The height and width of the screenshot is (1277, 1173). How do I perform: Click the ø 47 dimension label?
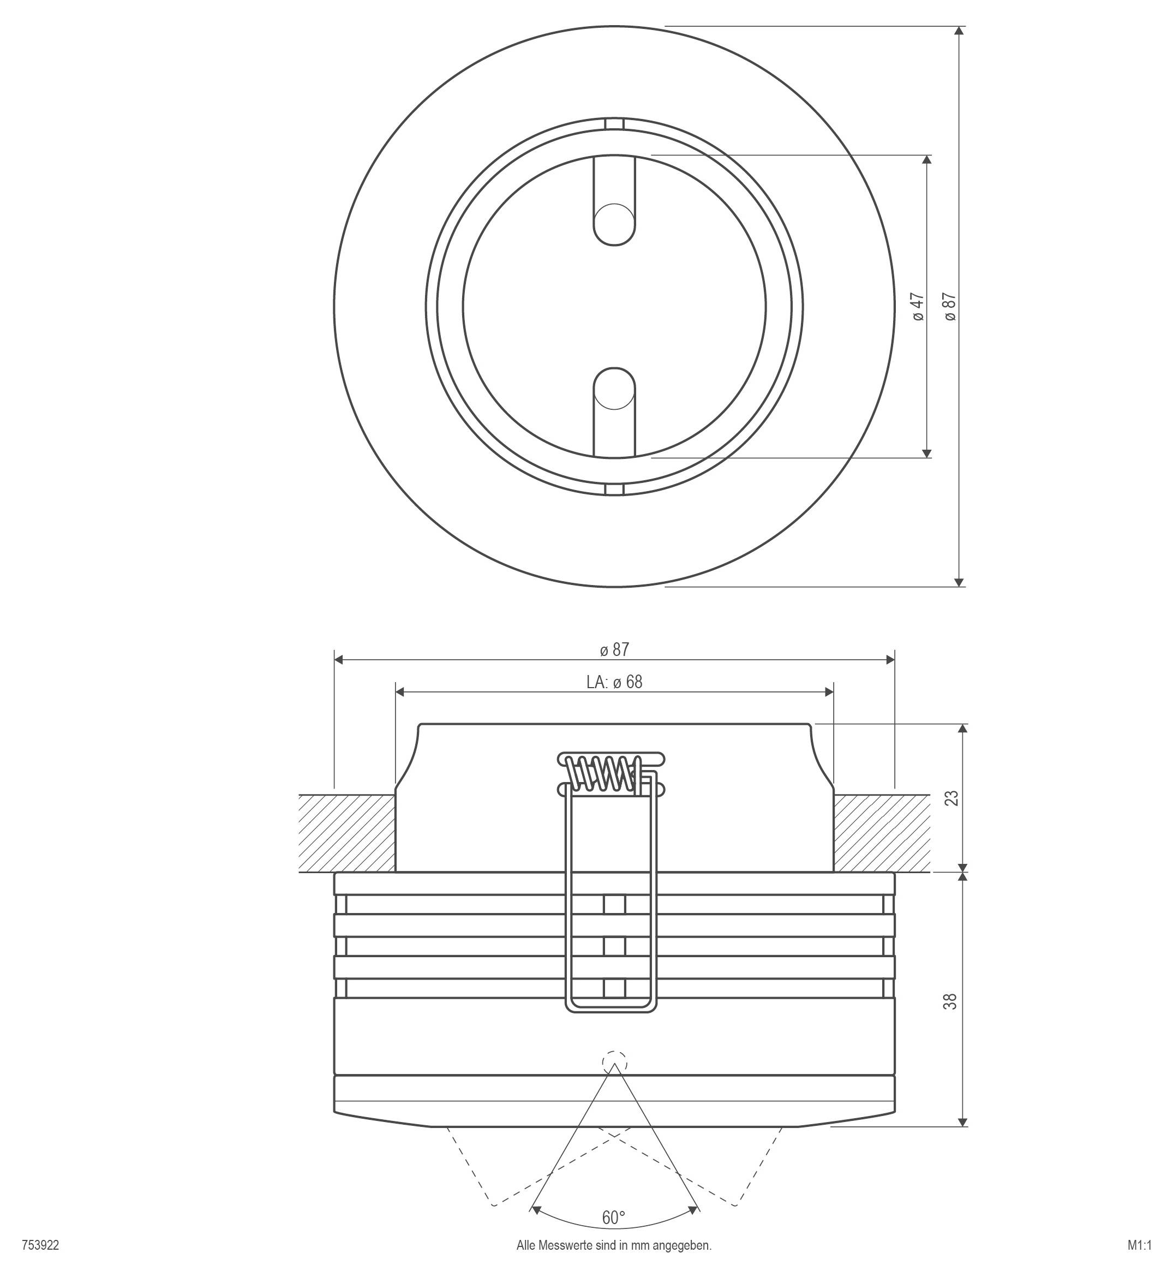918,307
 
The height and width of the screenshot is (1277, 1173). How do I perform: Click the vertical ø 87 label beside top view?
949,307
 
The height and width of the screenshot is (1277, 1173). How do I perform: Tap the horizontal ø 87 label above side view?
614,649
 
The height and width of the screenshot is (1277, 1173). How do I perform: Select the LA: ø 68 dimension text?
614,682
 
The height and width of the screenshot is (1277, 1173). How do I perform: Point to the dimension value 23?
951,798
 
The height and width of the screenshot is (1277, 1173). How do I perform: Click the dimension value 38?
951,1002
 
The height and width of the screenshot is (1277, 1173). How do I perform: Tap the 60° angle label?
613,1218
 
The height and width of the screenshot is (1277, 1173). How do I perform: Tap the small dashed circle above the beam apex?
614,1063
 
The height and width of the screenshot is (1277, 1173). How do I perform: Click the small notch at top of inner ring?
614,124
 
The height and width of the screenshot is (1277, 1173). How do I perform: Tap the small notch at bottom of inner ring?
614,489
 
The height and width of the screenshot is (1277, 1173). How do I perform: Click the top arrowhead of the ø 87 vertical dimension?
959,32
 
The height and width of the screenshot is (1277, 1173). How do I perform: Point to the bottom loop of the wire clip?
611,1009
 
